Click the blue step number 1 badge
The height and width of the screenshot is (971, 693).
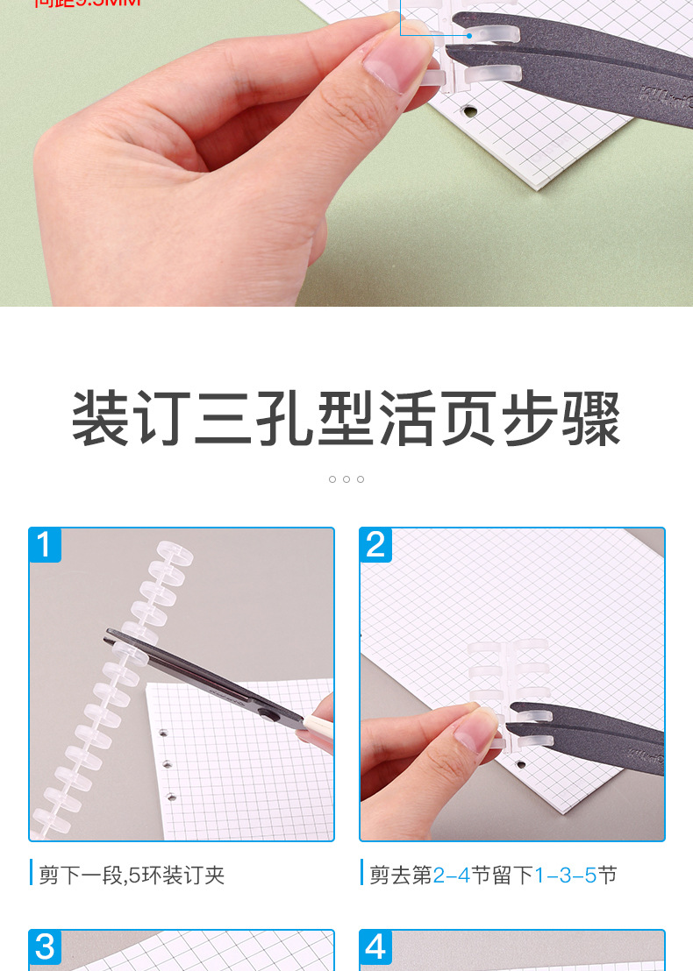(x=46, y=545)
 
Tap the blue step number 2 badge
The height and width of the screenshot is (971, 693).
(x=375, y=545)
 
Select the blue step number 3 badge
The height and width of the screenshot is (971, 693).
(x=46, y=948)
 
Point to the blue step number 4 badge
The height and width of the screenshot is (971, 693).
(x=375, y=948)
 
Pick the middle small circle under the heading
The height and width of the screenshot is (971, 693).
(x=346, y=479)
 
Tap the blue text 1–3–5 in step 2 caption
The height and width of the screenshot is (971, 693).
(x=566, y=875)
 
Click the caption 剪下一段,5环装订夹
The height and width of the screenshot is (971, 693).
(x=132, y=875)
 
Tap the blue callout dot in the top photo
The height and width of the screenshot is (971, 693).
(x=469, y=36)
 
